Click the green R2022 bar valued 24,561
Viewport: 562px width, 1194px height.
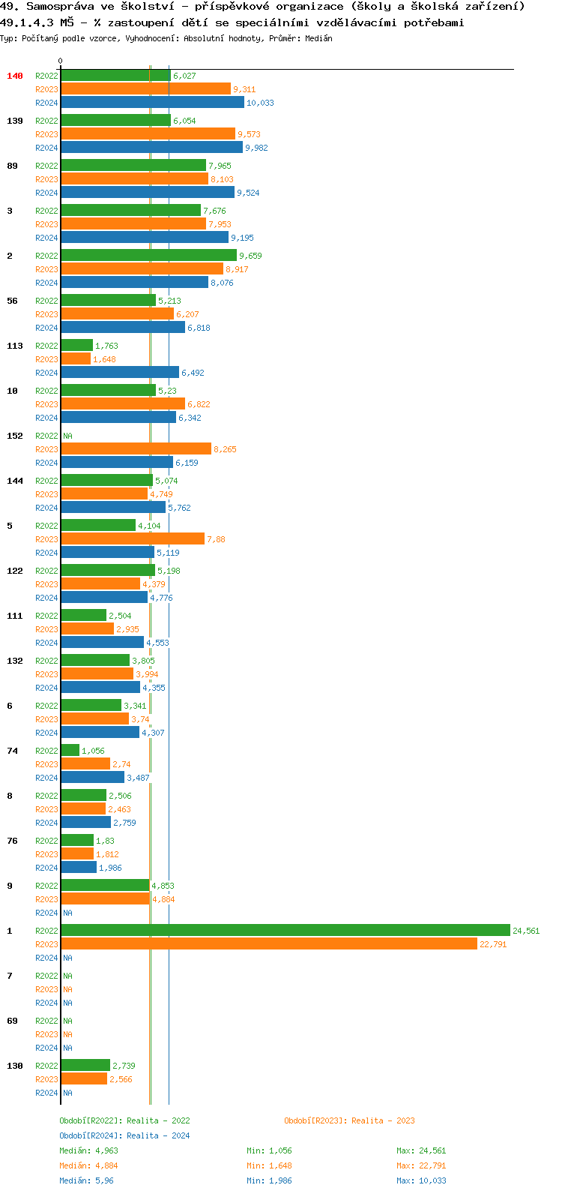coord(285,930)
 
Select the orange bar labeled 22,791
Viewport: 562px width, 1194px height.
coord(268,943)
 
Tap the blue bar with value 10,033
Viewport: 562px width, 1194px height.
coord(152,102)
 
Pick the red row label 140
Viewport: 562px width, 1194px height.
coord(15,76)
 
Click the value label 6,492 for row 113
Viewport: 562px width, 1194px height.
coord(193,373)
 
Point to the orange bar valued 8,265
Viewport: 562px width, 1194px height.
coord(136,448)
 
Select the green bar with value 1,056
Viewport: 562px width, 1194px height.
coord(70,750)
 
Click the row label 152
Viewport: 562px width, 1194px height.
coord(15,436)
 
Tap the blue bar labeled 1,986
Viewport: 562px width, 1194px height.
coord(79,867)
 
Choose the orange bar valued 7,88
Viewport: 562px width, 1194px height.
coord(133,538)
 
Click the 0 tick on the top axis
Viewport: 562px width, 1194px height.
coord(61,61)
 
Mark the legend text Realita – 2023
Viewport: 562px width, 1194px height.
coord(383,1120)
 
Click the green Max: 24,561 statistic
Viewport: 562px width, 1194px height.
coord(421,1150)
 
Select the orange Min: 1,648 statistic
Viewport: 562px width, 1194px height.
coord(269,1165)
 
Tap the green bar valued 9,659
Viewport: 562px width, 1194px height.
coord(148,255)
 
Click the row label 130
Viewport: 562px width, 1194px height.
coord(15,1066)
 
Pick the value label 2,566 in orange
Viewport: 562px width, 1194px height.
coord(121,1079)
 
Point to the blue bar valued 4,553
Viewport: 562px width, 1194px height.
coord(102,642)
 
